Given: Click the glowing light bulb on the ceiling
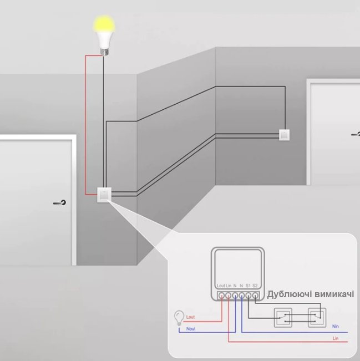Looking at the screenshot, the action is click(x=104, y=35).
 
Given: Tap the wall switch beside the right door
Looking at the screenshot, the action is click(x=285, y=135).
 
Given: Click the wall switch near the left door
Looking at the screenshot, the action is click(x=104, y=195).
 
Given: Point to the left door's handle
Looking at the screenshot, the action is click(x=60, y=202).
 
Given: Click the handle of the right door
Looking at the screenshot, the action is click(x=356, y=134).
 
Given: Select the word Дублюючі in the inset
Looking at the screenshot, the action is click(x=289, y=294).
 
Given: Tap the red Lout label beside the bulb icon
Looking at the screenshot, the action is click(x=190, y=317).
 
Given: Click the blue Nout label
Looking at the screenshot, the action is click(x=191, y=329).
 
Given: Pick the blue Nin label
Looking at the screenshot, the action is click(x=336, y=327).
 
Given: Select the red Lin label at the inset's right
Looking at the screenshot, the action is click(x=336, y=338).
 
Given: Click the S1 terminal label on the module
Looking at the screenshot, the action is click(x=248, y=286).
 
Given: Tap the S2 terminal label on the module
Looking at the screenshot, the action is click(x=255, y=286).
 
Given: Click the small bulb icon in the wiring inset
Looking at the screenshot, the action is click(x=179, y=318).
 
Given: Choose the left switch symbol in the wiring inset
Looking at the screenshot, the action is click(x=283, y=318).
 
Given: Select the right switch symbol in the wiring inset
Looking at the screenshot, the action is click(x=317, y=318).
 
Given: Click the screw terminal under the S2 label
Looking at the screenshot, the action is click(x=255, y=296).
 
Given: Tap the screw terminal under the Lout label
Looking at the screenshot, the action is click(x=221, y=296).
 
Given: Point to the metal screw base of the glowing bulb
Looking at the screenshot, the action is click(x=104, y=52).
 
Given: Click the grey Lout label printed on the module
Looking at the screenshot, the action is click(x=221, y=286).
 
